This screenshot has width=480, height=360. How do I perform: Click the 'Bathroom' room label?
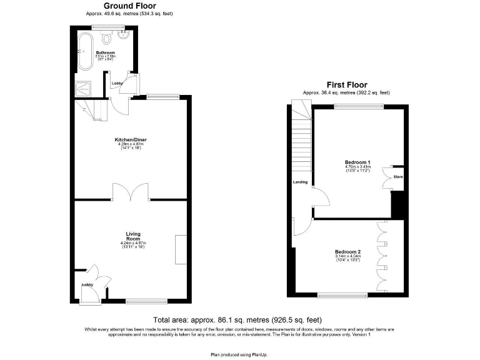click(104, 52)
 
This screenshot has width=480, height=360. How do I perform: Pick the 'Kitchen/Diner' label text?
click(131, 139)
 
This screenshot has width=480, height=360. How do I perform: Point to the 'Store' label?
click(398, 177)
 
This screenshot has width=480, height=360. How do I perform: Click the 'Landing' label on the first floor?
click(301, 182)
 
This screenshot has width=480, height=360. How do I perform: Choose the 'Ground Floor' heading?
click(130, 6)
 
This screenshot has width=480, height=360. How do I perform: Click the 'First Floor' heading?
click(347, 84)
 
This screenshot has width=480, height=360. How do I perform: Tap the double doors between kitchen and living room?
click(131, 192)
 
